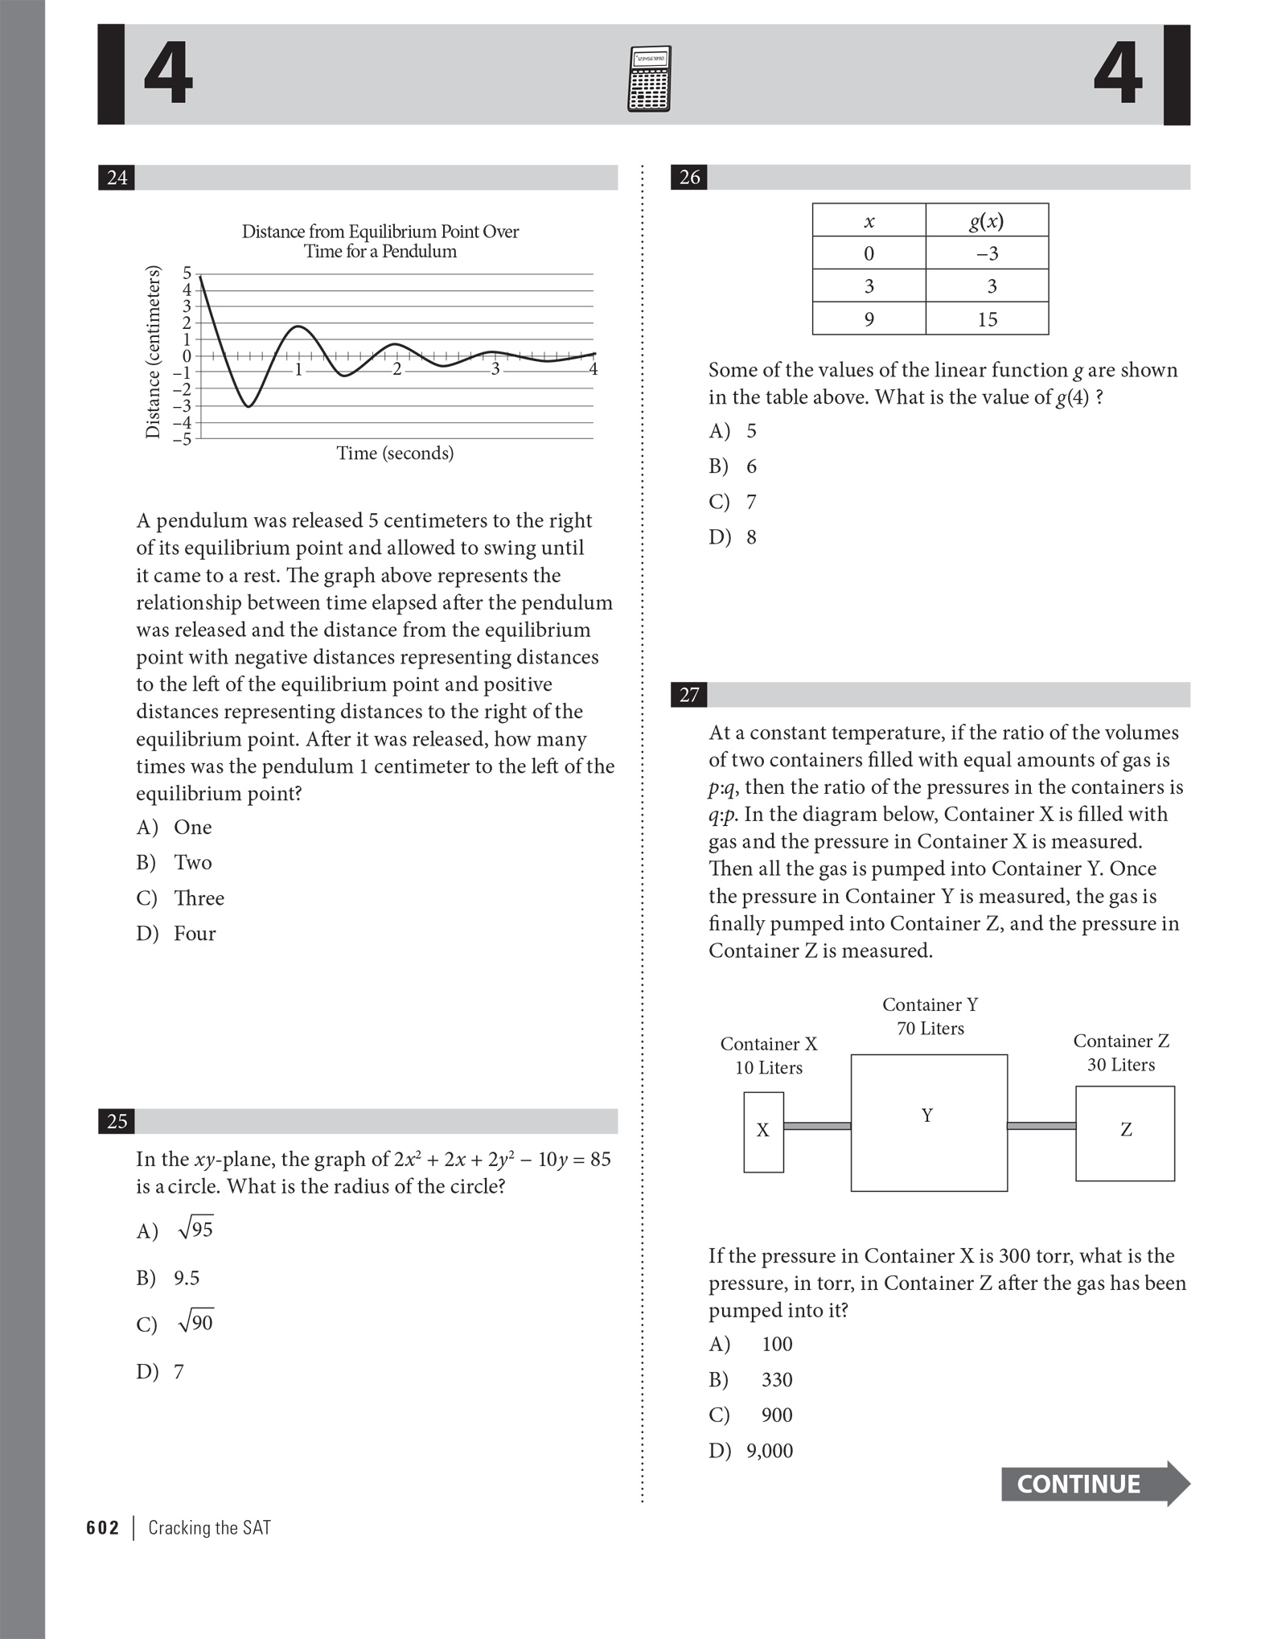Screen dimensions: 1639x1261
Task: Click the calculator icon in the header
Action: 648,78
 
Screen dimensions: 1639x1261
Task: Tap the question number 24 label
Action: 117,177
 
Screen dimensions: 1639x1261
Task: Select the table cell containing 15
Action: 987,319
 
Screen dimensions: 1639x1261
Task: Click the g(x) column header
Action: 987,220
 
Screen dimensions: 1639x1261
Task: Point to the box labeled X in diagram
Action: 763,1132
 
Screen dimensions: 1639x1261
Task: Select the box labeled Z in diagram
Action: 1125,1133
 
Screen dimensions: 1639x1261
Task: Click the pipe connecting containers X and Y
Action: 817,1126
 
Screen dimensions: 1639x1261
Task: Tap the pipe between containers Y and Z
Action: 1041,1126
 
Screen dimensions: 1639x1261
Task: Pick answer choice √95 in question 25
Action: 195,1230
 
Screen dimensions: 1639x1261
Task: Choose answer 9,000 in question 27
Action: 769,1451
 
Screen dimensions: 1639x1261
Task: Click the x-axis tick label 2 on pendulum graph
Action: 396,370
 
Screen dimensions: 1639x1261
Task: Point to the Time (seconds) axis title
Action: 395,453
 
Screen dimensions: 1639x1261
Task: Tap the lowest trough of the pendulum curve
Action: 249,406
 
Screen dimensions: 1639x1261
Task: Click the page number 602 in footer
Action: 103,1528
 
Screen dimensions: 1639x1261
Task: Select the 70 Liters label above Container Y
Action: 930,1029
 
